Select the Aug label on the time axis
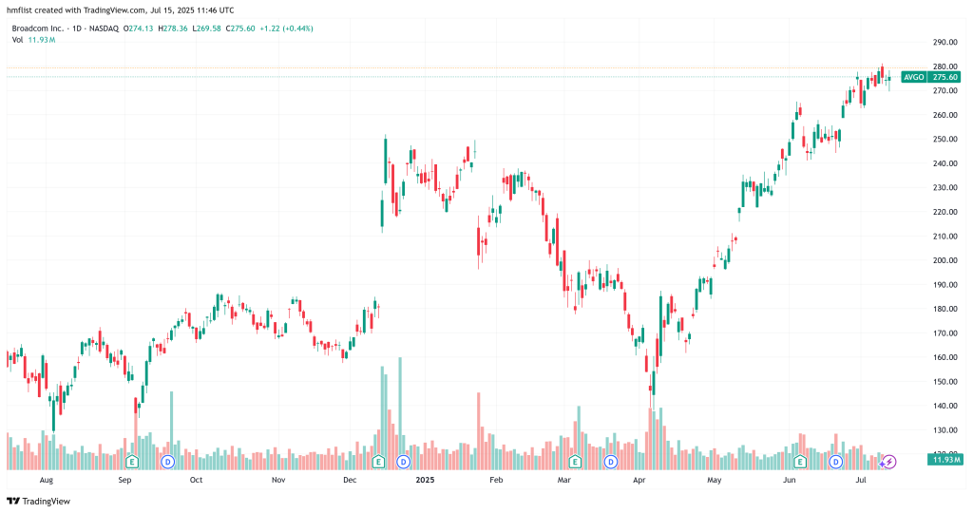click(x=45, y=481)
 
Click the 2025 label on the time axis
click(x=424, y=481)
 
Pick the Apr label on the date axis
click(x=639, y=481)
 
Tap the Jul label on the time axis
click(x=861, y=481)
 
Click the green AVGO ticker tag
click(x=913, y=77)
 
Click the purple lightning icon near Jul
click(x=890, y=462)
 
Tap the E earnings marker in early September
click(x=134, y=462)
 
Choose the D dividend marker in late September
click(x=167, y=462)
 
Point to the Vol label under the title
click(x=18, y=40)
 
